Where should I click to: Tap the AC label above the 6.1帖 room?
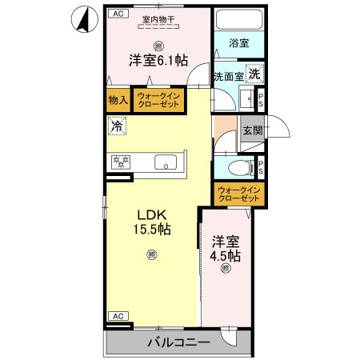117,14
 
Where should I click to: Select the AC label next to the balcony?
116,315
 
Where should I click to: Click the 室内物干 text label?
158,19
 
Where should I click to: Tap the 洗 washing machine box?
253,74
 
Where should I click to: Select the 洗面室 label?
227,78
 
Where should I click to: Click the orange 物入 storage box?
118,100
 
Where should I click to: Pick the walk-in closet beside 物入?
159,100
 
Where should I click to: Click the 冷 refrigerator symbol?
117,126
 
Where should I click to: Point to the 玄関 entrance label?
252,130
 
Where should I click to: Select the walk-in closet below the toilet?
239,193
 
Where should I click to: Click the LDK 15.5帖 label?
152,222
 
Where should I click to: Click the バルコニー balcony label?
178,342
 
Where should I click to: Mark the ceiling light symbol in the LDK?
152,255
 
